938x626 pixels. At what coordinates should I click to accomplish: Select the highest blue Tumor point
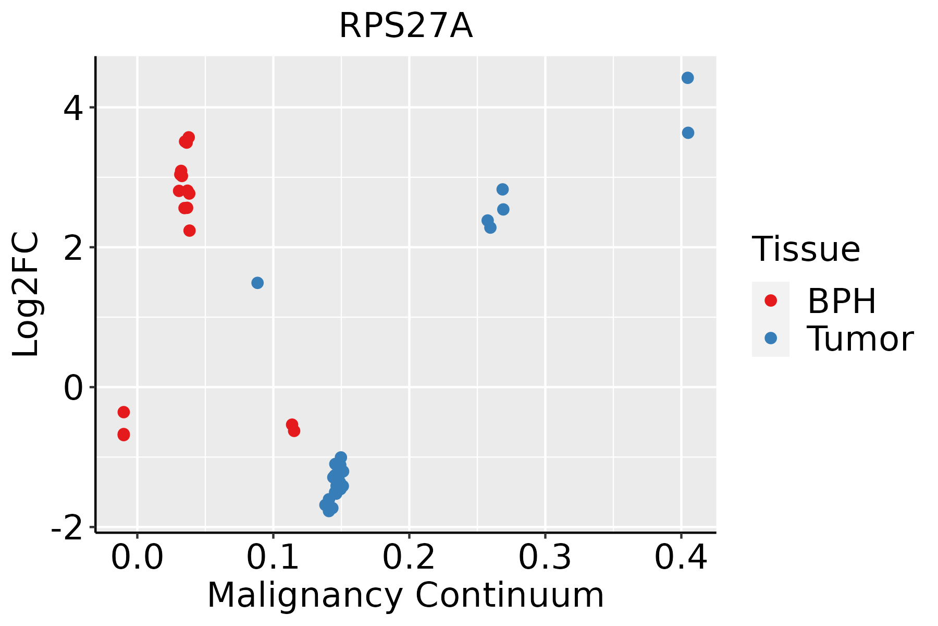(x=687, y=78)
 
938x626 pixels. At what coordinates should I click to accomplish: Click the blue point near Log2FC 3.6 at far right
(x=688, y=133)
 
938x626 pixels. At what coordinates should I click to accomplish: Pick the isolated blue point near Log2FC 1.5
(x=257, y=283)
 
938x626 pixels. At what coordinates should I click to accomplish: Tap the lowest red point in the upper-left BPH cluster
(x=190, y=231)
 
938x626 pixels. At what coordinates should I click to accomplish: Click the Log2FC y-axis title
(x=26, y=294)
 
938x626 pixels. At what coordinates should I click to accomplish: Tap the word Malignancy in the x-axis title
(x=305, y=595)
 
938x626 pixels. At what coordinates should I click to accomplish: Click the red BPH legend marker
(x=770, y=300)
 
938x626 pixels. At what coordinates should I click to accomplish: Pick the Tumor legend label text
(x=860, y=339)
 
